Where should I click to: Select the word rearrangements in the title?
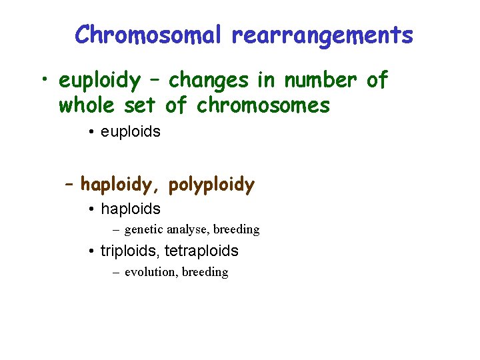click(x=323, y=35)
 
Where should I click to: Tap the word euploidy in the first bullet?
click(x=100, y=81)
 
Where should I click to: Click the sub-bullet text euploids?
click(x=130, y=131)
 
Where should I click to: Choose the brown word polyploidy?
click(x=212, y=184)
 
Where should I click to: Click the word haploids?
click(x=130, y=209)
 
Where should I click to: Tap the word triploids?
click(x=130, y=251)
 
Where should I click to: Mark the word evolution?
click(x=149, y=272)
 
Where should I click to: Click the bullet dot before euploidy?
click(x=43, y=81)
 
